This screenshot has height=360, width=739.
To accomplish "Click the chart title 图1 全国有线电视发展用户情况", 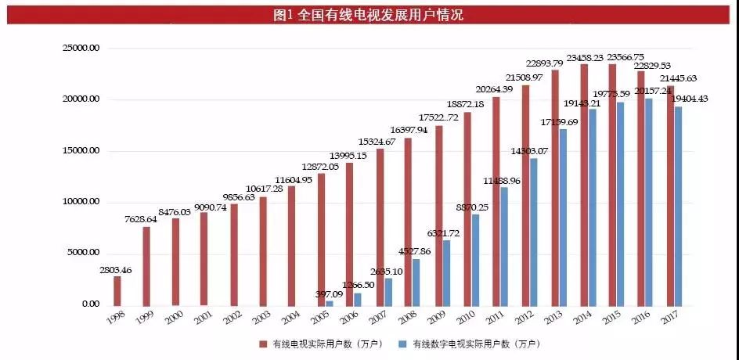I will click(369, 14).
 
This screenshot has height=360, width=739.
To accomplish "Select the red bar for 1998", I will click(117, 290).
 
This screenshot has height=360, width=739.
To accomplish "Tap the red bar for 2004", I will click(291, 245).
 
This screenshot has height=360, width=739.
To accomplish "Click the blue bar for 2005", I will click(330, 302).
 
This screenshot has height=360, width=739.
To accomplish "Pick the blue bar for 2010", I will click(474, 259).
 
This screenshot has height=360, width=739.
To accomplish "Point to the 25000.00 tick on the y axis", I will click(81, 49).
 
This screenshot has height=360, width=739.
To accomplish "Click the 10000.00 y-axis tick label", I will click(81, 202).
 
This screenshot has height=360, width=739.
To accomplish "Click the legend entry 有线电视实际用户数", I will click(319, 344).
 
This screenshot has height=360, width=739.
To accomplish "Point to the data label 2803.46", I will click(116, 270).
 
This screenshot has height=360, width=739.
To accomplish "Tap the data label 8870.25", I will click(472, 207).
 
